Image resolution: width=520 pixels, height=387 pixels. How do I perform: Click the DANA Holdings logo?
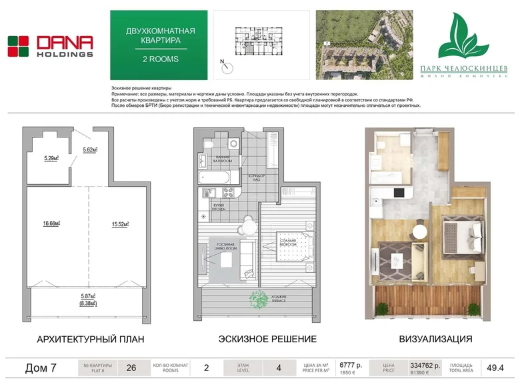50,46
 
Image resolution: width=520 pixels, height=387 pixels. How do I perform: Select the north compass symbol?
228,67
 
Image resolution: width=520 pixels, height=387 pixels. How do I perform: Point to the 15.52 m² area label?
120,224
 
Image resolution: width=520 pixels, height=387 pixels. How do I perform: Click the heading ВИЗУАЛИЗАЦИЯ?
435,339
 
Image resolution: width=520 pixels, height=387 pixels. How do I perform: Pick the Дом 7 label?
40,368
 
